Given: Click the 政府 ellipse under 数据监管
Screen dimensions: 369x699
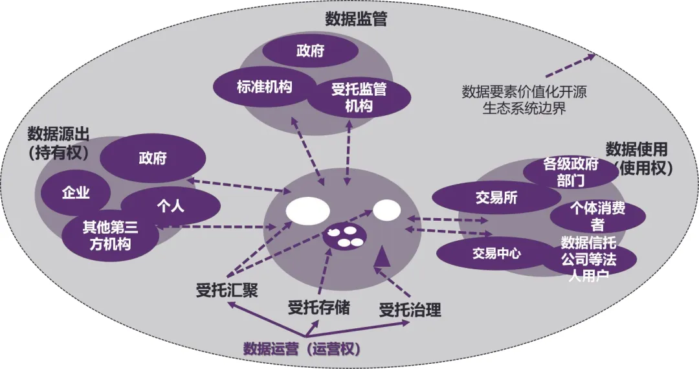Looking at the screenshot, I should (x=311, y=51).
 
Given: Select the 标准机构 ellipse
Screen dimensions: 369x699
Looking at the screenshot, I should (x=254, y=87).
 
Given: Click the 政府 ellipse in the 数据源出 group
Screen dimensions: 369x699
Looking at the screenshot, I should (x=153, y=159).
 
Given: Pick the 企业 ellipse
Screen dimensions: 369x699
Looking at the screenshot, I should (x=76, y=192).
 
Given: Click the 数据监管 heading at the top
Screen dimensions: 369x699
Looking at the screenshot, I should (x=355, y=19).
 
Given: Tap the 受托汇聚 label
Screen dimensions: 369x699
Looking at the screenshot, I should (x=227, y=291).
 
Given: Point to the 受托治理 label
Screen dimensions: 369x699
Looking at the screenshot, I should (x=410, y=310).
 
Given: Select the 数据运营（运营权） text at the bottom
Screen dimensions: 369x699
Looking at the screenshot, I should (x=301, y=348).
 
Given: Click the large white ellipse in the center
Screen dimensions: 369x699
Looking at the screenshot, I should (x=308, y=211).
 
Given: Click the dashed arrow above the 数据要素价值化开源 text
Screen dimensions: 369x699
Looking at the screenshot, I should (x=569, y=65).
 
